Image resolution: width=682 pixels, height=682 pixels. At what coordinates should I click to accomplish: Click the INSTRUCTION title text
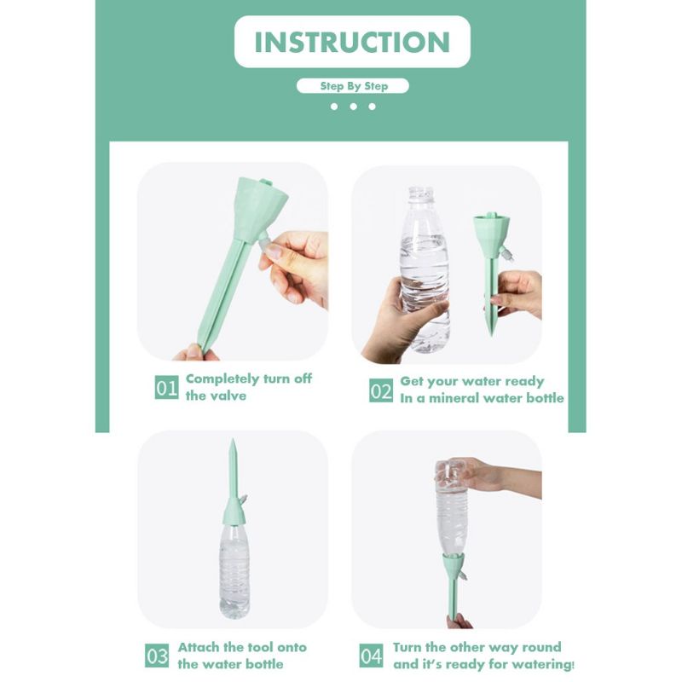352,42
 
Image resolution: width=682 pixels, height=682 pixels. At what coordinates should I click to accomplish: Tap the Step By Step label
354,86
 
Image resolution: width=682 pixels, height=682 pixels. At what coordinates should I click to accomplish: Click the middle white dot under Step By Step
353,107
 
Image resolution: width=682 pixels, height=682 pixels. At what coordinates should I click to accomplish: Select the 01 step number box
166,387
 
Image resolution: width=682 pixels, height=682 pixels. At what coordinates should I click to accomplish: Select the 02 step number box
381,390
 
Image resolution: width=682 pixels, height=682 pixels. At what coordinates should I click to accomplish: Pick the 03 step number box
157,656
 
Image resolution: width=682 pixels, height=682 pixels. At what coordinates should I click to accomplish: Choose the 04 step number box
371,656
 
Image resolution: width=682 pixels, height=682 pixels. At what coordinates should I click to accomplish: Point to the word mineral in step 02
454,398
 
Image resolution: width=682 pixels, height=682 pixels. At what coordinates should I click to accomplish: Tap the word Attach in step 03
199,647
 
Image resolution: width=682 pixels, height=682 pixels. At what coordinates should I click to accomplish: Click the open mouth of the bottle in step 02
420,190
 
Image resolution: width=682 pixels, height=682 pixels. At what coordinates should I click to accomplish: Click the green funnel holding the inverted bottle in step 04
454,564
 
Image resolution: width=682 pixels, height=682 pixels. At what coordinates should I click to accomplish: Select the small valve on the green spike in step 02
506,253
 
